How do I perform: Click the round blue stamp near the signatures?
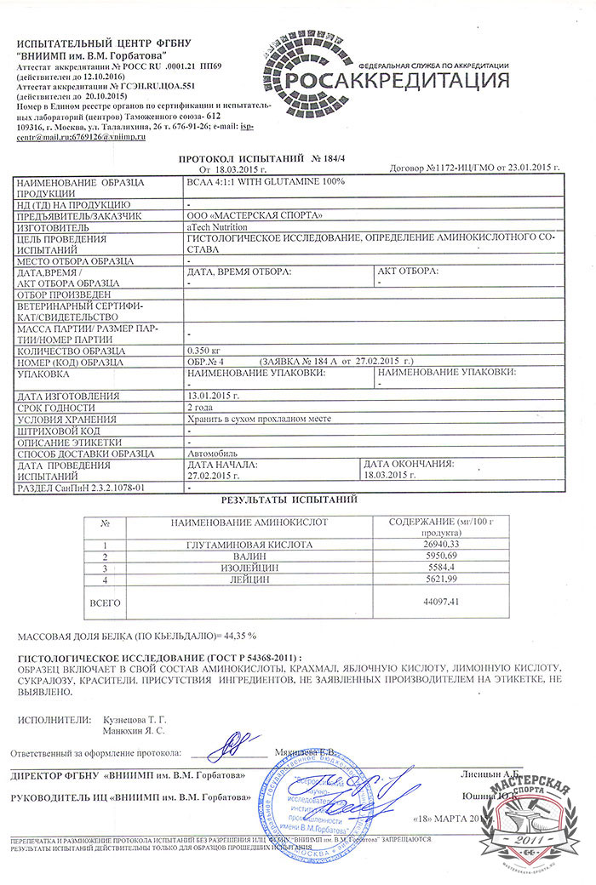tap(317, 791)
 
